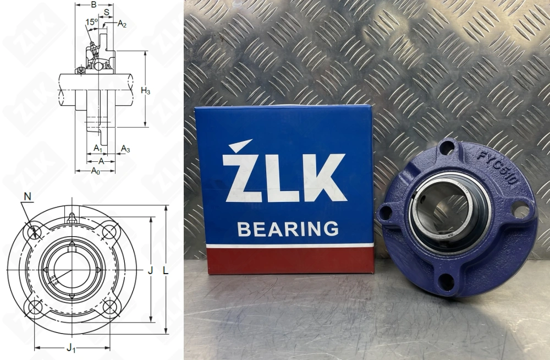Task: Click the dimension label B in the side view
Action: click(94, 5)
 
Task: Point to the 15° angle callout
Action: click(91, 22)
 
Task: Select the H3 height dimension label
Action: click(145, 91)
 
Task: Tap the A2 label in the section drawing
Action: click(122, 24)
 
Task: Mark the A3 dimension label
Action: click(125, 149)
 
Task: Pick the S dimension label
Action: click(106, 12)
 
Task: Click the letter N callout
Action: click(28, 197)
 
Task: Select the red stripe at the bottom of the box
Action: click(286, 260)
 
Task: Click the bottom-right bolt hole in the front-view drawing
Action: click(109, 307)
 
